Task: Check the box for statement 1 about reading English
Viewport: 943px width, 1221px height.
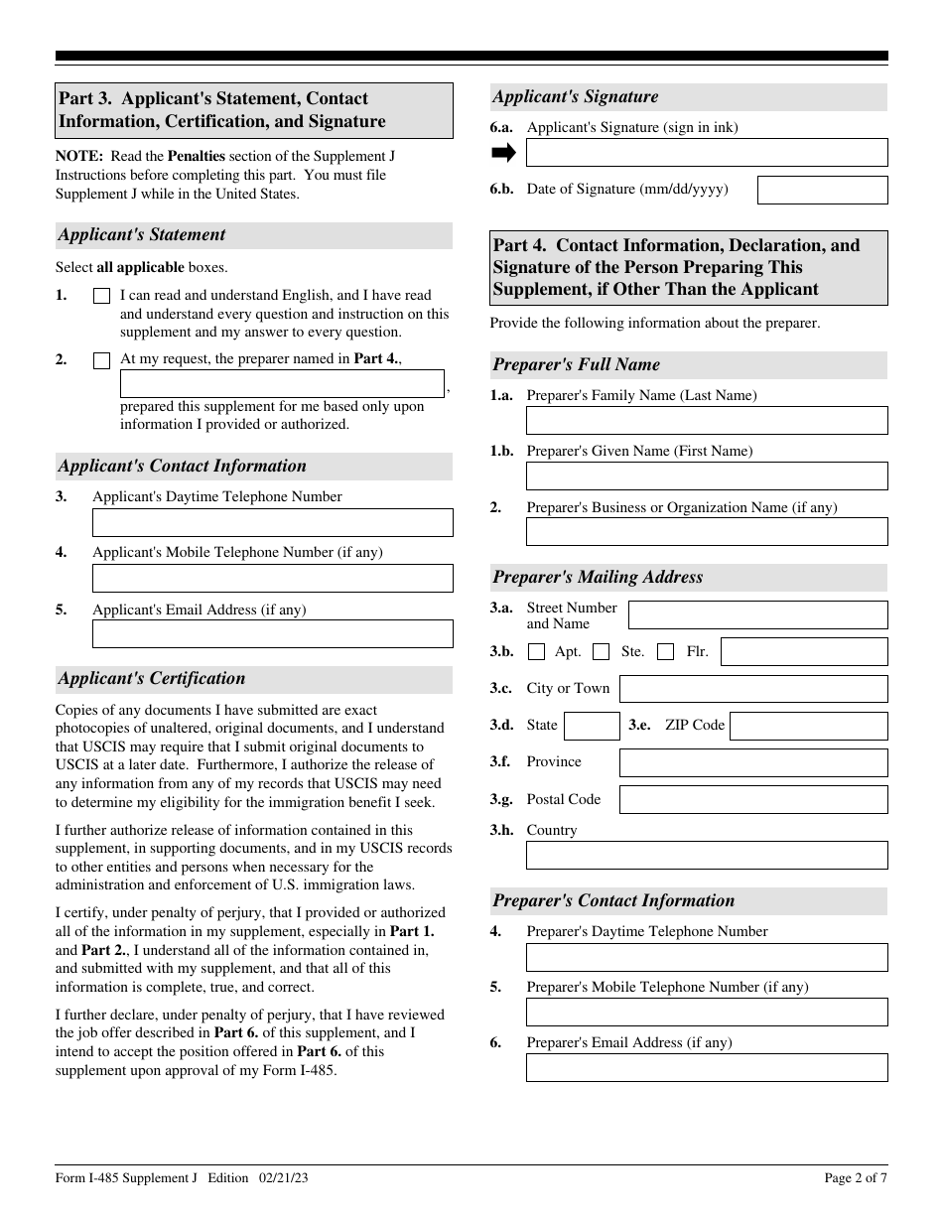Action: pos(101,296)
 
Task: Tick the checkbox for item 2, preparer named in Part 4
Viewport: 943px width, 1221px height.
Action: pos(101,361)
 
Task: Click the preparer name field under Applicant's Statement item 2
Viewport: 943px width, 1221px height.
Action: pos(282,384)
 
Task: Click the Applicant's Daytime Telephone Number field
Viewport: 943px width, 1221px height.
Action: pos(272,523)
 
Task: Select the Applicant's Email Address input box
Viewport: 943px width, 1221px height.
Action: pos(272,634)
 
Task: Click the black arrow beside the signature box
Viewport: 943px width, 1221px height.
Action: pos(504,152)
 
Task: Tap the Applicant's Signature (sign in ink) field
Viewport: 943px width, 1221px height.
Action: pos(706,152)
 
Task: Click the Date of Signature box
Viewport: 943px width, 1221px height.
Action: pos(822,190)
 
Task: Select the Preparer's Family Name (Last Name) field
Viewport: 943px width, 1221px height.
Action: pos(706,421)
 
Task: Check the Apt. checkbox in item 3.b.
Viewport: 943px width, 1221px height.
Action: pos(537,652)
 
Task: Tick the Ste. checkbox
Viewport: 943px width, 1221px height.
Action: pos(601,652)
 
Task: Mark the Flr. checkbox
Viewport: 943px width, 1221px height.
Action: pos(666,652)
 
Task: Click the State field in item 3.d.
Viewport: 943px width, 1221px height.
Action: pos(592,726)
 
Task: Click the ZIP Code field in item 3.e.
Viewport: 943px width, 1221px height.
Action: pos(811,726)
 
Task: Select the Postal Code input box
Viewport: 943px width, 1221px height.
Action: pos(753,800)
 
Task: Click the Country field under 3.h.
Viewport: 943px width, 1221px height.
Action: pos(706,856)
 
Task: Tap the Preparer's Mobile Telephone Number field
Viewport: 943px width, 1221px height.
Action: pos(706,1013)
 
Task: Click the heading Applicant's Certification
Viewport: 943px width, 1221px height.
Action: pos(151,679)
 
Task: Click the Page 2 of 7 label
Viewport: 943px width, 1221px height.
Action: pos(855,1178)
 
